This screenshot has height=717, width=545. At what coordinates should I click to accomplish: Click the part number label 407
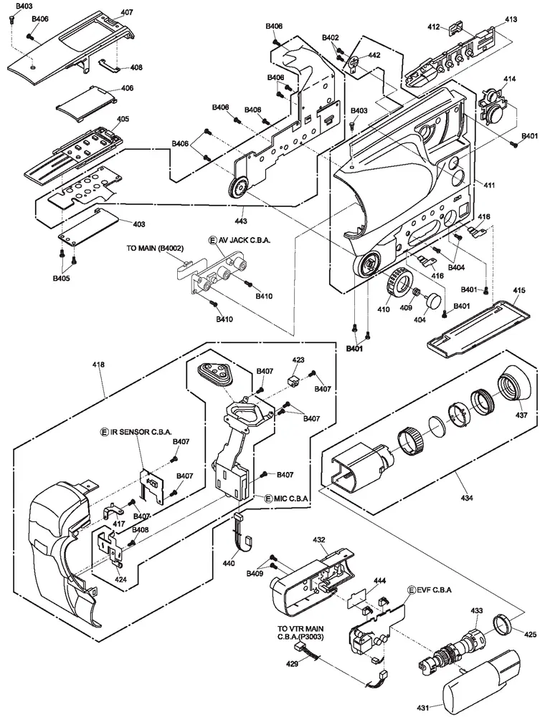127,12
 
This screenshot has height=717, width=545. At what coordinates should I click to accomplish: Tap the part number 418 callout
98,365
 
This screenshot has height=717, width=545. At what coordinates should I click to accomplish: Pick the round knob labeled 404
434,299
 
